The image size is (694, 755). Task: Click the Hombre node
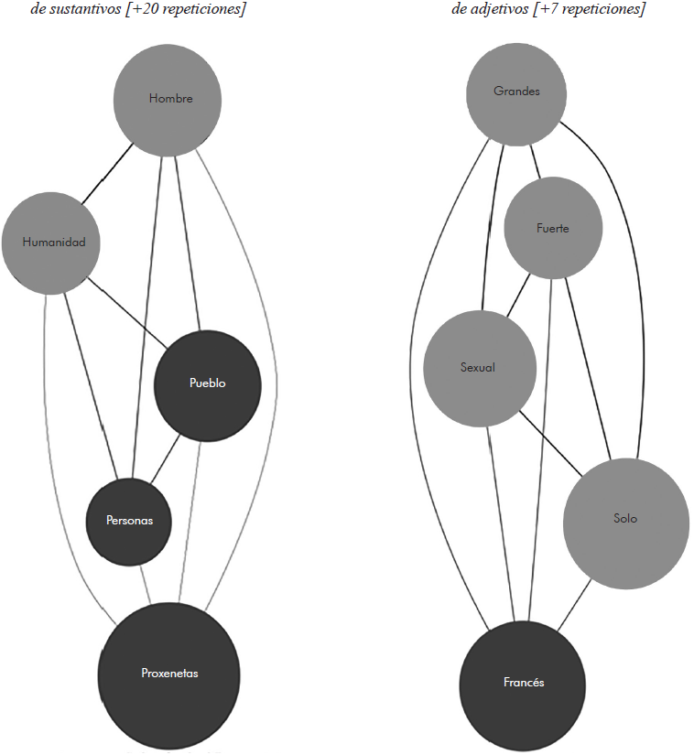(x=170, y=99)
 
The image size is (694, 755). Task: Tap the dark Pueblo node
(x=208, y=383)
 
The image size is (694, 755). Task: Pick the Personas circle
(x=128, y=520)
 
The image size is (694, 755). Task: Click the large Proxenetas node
(x=169, y=673)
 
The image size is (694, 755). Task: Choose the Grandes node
(x=516, y=92)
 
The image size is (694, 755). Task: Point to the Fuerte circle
(x=553, y=228)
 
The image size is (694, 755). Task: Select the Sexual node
(x=478, y=368)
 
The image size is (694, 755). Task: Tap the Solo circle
(x=625, y=519)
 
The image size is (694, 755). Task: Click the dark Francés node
(x=524, y=683)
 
